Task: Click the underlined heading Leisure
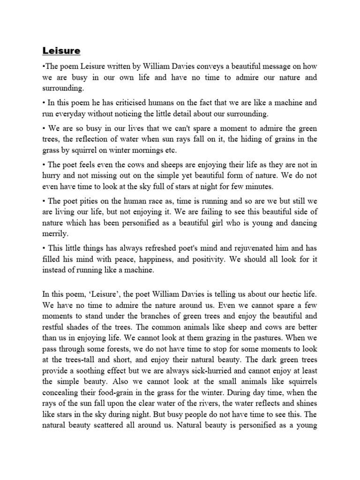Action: [x=62, y=50]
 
